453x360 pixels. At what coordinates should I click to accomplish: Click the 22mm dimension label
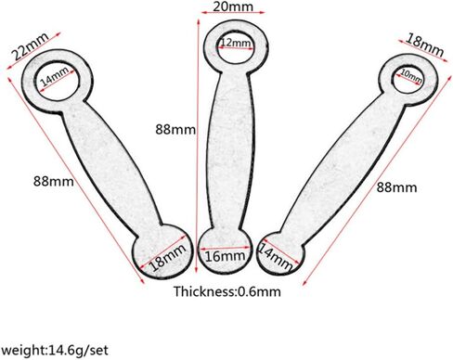(x=30, y=45)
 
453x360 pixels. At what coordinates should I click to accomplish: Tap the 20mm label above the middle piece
(x=233, y=6)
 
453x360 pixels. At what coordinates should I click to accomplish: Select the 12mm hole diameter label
(x=236, y=43)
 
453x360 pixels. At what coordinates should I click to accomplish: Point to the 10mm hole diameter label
(x=411, y=76)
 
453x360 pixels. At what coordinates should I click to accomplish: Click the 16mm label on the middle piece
(x=225, y=256)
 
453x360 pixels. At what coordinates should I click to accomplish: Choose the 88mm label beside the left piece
(x=54, y=181)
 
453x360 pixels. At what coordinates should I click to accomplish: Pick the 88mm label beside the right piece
(x=396, y=187)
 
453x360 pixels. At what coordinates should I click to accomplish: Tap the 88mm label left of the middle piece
(x=175, y=129)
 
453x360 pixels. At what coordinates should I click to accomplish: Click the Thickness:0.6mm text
(x=227, y=291)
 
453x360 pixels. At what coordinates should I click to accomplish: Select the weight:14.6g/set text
(x=55, y=351)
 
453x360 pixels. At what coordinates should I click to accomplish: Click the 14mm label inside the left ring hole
(x=55, y=76)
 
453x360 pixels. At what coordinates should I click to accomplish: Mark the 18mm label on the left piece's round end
(x=167, y=257)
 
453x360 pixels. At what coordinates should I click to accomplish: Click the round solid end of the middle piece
(x=225, y=251)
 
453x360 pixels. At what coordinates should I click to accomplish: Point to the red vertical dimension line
(x=197, y=146)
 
